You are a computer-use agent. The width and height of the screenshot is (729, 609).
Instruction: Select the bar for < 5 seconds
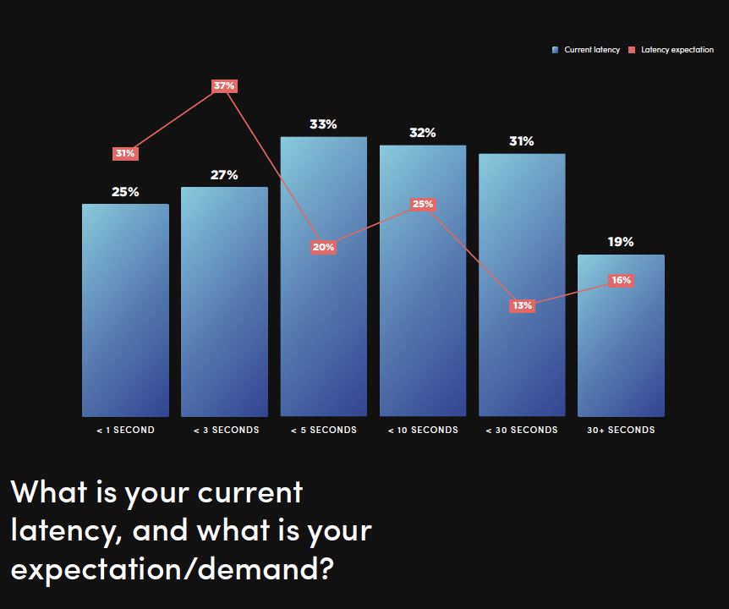[323, 338]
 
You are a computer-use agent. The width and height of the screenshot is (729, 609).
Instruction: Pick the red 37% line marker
[224, 85]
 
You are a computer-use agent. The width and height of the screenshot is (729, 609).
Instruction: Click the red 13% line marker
[522, 305]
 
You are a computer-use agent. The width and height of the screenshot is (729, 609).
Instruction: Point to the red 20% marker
[323, 247]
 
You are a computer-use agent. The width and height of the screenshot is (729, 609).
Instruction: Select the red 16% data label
[621, 280]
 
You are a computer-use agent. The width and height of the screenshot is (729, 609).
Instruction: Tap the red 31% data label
[125, 153]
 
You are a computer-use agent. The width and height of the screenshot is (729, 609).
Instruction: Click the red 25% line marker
[423, 204]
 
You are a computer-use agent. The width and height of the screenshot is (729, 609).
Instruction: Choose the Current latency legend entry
[586, 50]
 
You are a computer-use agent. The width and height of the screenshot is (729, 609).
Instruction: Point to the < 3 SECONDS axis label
[226, 430]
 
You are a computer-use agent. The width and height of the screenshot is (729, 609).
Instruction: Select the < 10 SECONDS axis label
[423, 430]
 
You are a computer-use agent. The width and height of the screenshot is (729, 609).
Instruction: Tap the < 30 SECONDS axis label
[522, 430]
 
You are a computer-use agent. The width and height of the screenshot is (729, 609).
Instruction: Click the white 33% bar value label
[323, 124]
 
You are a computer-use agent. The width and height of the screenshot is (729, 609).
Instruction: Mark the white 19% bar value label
[621, 242]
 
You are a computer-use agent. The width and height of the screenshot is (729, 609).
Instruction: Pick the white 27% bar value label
[224, 175]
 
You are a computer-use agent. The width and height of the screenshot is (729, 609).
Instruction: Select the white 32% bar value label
[423, 133]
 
